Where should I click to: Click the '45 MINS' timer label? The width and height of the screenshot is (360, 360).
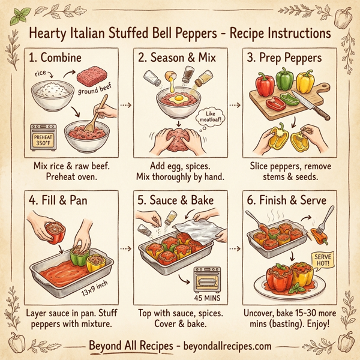[x=207, y=296]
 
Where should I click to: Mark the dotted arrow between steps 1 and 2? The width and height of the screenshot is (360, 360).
[x=125, y=104]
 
